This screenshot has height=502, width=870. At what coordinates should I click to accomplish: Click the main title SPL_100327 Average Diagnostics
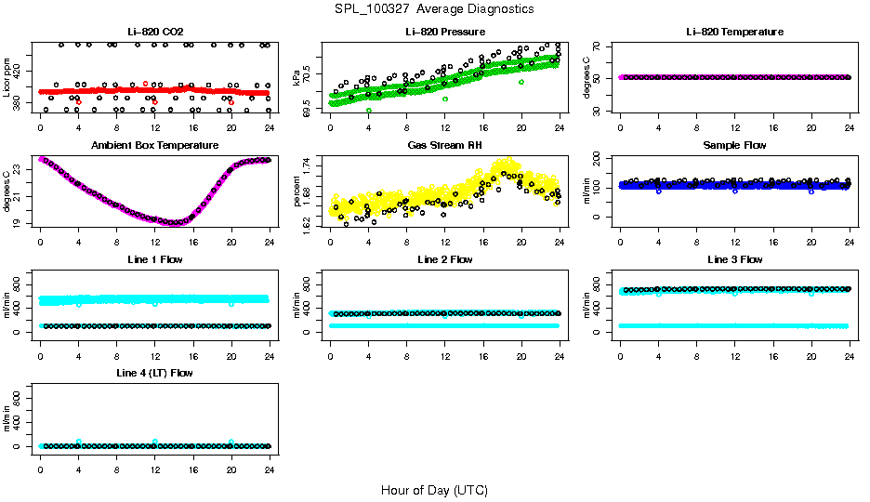435,8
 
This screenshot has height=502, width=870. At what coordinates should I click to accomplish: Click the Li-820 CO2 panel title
154,33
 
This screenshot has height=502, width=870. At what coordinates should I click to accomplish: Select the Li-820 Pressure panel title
444,33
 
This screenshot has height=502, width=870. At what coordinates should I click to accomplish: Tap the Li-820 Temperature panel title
734,33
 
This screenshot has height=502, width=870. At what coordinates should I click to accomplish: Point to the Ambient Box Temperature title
154,146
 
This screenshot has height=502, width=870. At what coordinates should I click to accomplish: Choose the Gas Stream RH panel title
444,146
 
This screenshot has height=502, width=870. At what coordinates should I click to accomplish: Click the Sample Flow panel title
734,146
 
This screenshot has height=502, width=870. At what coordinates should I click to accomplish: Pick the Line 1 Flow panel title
154,259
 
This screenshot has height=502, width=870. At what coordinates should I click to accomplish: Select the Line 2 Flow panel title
444,259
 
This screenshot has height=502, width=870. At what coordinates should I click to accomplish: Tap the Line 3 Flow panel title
734,259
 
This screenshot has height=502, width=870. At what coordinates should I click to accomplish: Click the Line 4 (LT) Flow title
154,373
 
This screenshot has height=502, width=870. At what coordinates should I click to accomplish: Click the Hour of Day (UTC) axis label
434,490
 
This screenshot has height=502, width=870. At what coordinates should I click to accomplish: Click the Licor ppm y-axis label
7,77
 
